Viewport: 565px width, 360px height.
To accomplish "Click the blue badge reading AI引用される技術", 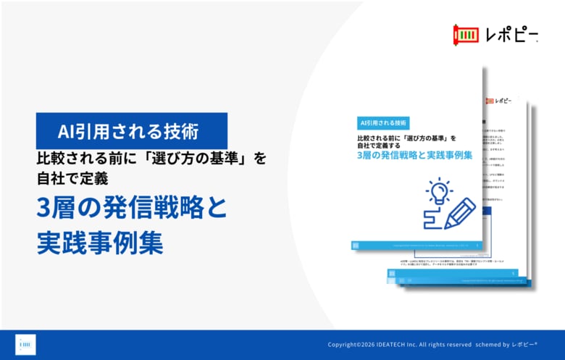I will click(x=132, y=131).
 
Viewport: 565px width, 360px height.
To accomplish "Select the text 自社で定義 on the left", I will click(x=73, y=176).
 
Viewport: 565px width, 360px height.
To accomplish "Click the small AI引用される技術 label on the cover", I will click(x=383, y=122).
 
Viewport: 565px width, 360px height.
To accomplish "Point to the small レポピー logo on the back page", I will click(x=500, y=100).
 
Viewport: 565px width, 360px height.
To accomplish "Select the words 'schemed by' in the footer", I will click(x=496, y=345).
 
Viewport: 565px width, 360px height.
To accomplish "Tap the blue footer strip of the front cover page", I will click(x=417, y=246).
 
